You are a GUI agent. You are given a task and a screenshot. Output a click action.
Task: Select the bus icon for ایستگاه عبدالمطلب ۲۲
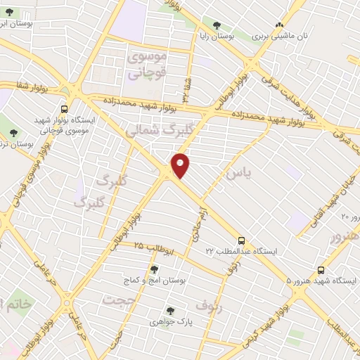point(241,240)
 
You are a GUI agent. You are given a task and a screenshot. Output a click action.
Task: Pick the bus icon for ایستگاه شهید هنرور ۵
point(321,269)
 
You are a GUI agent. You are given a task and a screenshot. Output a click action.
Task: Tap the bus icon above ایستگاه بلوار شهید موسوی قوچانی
point(64,109)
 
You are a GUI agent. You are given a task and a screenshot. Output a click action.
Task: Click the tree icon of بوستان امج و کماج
point(154,269)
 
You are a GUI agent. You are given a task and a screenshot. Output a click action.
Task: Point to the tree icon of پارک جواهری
point(169,310)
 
